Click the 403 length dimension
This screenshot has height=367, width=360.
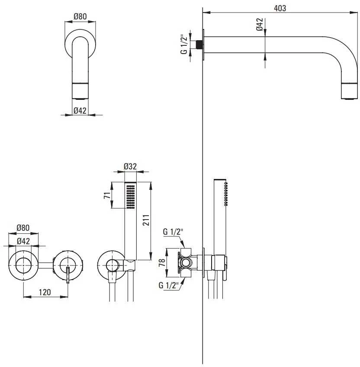pos(280,8)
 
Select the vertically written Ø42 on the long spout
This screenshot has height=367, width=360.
pos(260,24)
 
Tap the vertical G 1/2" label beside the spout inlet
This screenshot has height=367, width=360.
pos(184,45)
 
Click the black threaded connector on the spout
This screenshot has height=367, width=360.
pos(199,45)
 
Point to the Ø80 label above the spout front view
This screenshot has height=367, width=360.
pos(80,16)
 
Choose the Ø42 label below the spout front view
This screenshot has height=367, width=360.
pos(80,110)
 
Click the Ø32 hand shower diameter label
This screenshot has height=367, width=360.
pos(130,166)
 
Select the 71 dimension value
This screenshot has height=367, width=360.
pos(107,195)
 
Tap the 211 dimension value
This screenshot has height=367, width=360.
pos(146,220)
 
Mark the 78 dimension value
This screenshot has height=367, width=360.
pos(162,263)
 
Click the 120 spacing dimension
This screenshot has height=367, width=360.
pos(45,292)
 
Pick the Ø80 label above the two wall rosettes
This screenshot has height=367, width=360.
pos(23,227)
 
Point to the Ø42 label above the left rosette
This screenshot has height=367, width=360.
pos(23,241)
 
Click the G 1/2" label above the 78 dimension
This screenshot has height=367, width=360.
pos(173,232)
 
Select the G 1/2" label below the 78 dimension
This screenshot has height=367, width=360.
pos(168,285)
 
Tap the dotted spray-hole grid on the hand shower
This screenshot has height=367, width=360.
pos(131,197)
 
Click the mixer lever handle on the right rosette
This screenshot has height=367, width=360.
pos(68,274)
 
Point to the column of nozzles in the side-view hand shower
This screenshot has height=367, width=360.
pos(226,194)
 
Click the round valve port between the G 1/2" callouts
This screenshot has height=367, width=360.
pos(186,263)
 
